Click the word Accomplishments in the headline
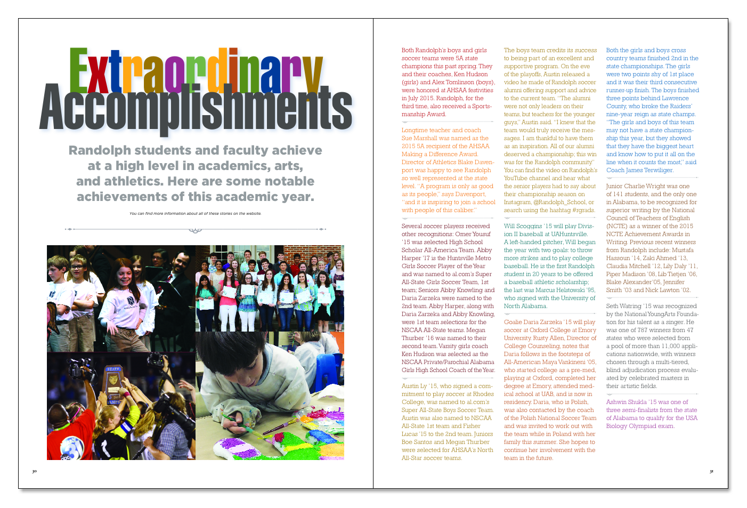click(x=196, y=109)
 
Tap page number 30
click(x=34, y=471)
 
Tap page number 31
click(x=711, y=471)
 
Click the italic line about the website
click(x=195, y=214)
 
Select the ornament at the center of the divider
click(x=195, y=230)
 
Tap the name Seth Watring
click(x=623, y=306)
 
